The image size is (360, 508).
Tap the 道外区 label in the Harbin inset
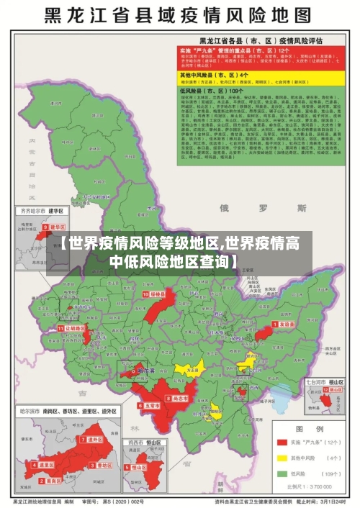click(x=94, y=439)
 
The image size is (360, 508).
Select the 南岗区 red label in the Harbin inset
click(x=47, y=465)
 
